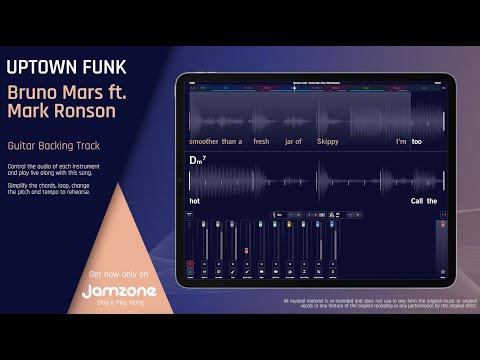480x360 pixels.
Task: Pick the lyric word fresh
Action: pos(262,141)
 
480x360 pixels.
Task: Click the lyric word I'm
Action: pos(401,141)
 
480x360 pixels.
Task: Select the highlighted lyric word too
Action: pos(417,141)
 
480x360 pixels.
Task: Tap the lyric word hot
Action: pos(194,201)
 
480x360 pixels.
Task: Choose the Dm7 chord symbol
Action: pos(197,160)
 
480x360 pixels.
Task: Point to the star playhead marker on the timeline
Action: pos(294,87)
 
